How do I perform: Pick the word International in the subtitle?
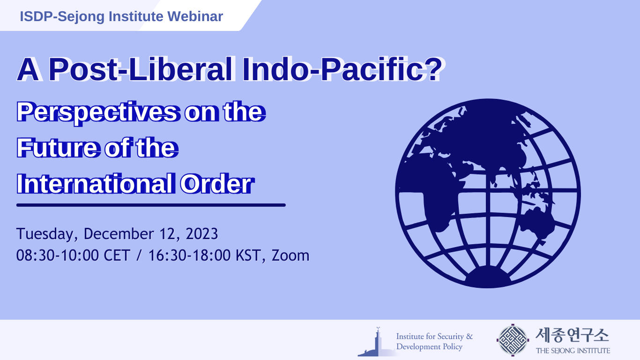click(x=94, y=184)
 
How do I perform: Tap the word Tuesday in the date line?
click(x=47, y=233)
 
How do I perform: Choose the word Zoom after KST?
click(x=290, y=255)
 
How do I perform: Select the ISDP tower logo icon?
click(x=376, y=342)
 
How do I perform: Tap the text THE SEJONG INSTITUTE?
click(x=573, y=351)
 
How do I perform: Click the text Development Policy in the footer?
click(x=429, y=347)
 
